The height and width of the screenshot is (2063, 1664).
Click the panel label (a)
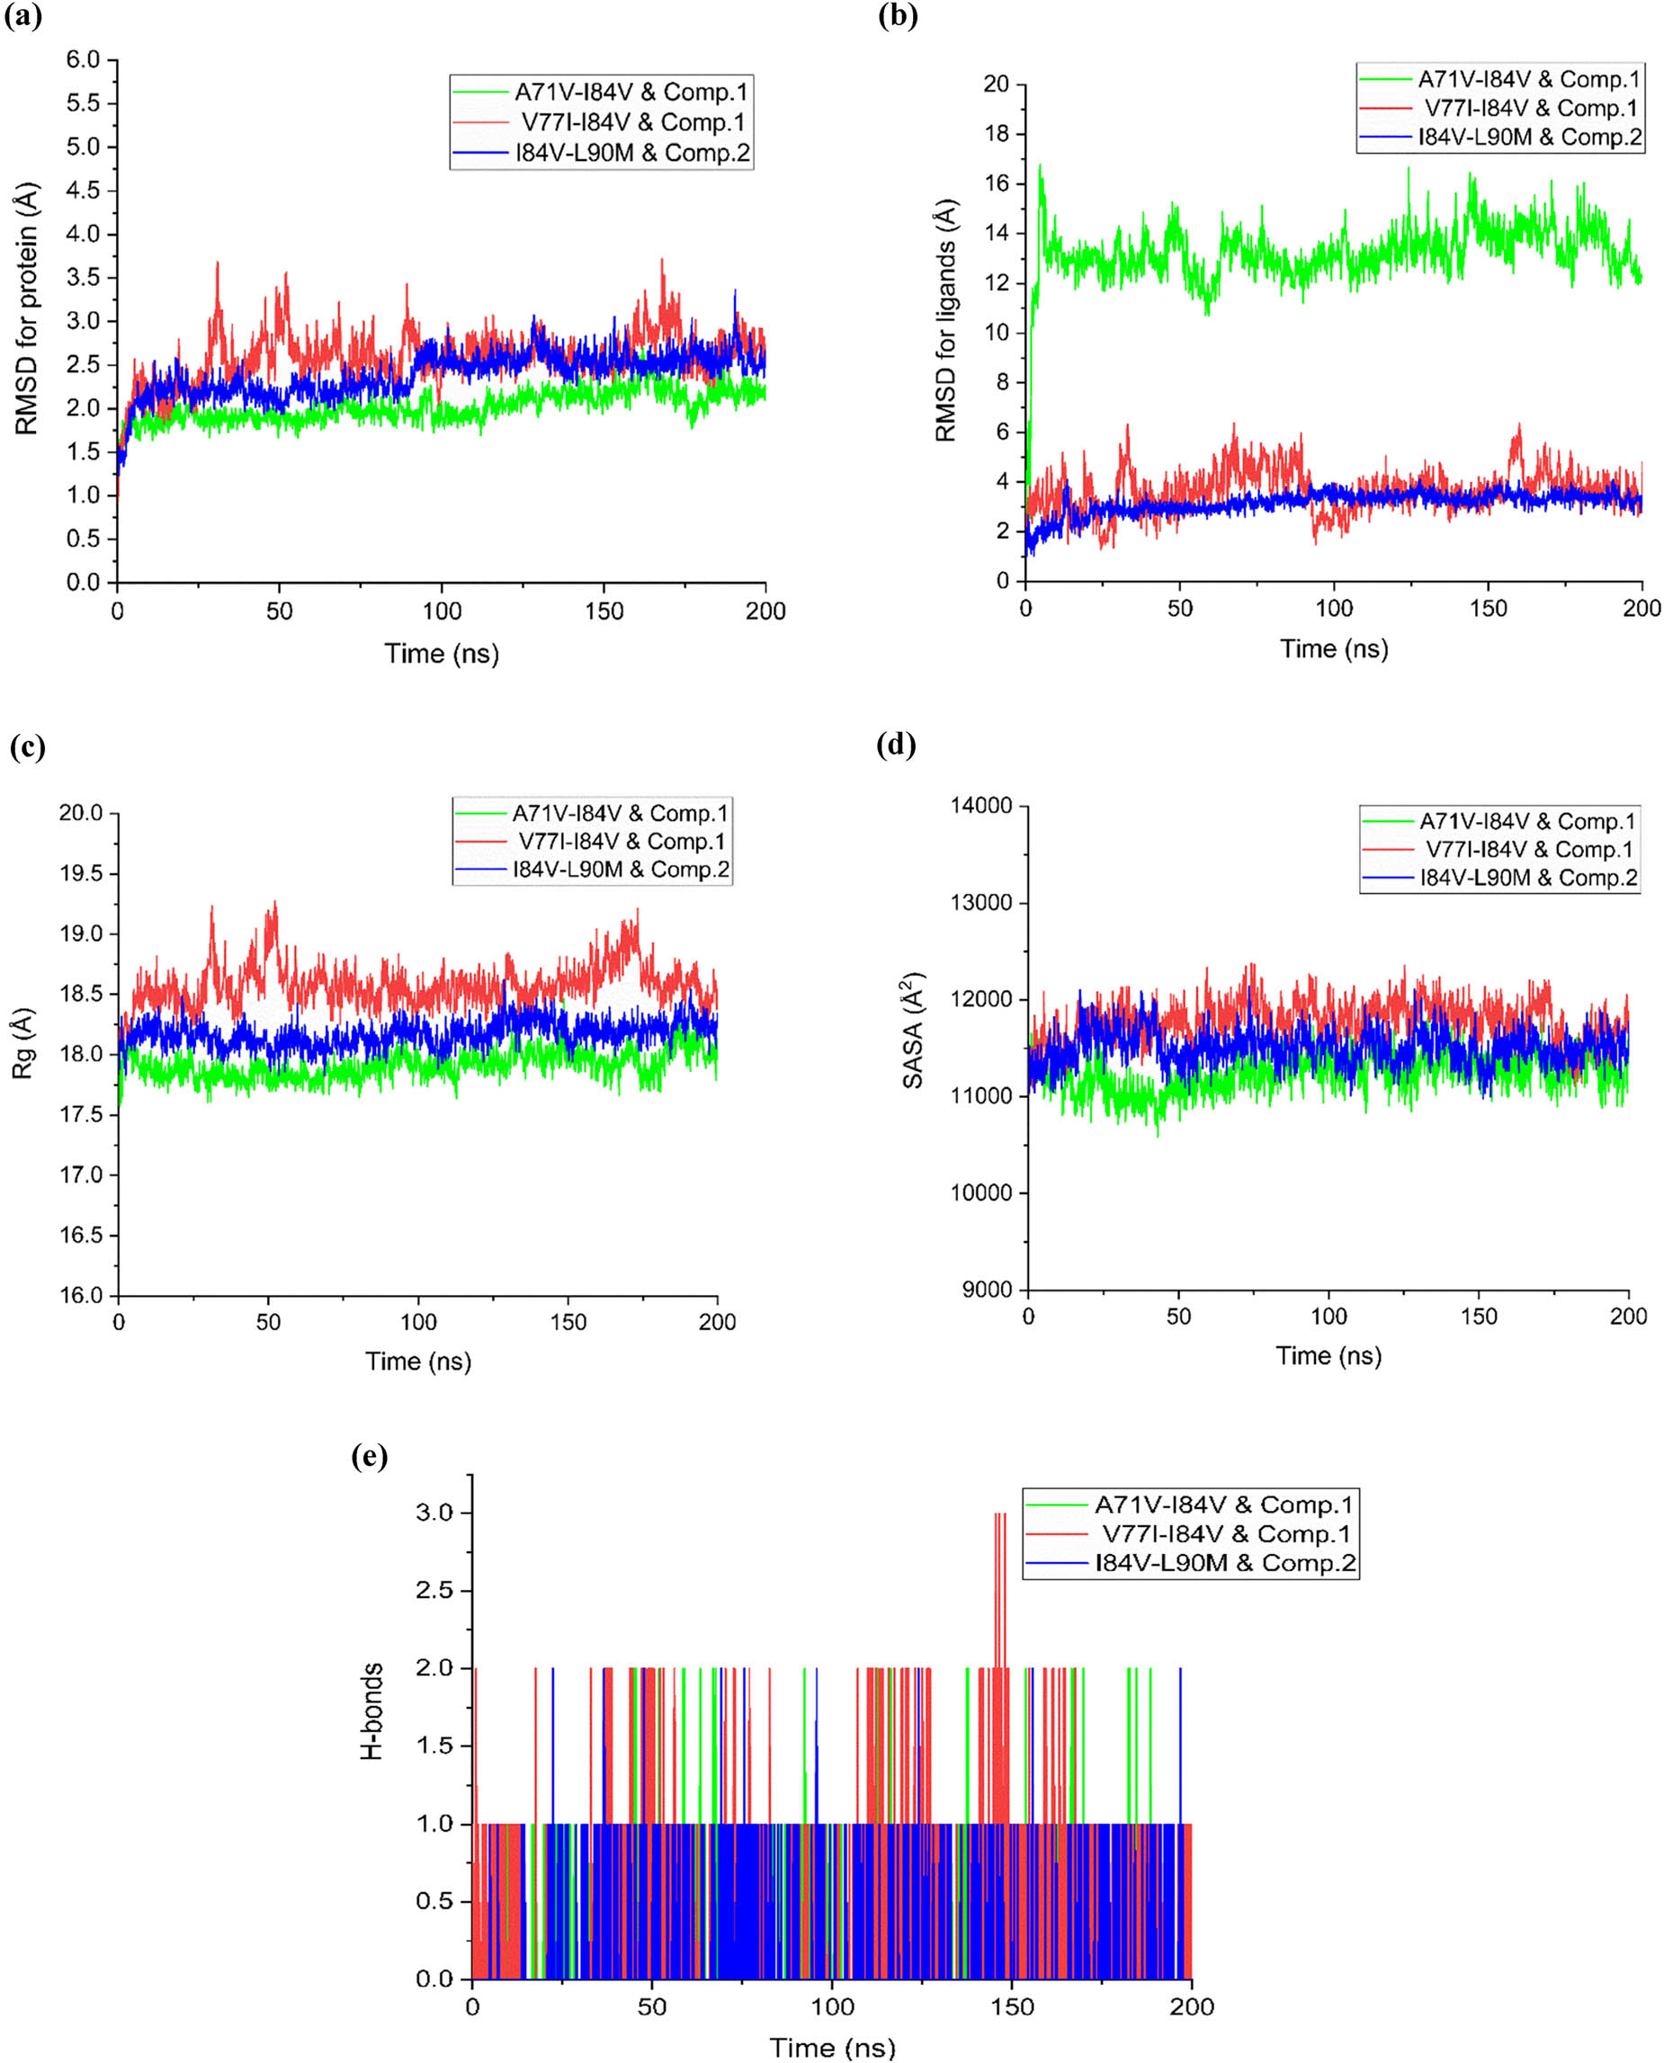[x=24, y=17]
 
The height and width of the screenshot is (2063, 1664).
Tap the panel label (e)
[x=370, y=1457]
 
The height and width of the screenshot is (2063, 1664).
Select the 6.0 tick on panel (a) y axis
[x=83, y=59]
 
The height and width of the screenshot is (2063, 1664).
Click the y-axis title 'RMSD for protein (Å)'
[x=27, y=309]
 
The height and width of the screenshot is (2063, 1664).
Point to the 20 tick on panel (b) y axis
[x=996, y=85]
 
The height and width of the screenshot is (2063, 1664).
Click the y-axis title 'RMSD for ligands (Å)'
[x=946, y=320]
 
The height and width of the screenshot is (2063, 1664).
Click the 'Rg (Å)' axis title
[x=23, y=1043]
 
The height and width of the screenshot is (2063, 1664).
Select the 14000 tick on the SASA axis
[x=980, y=806]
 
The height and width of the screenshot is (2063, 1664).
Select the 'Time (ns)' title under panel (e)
[x=832, y=2047]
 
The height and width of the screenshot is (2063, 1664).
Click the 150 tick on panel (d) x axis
[x=1478, y=1317]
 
